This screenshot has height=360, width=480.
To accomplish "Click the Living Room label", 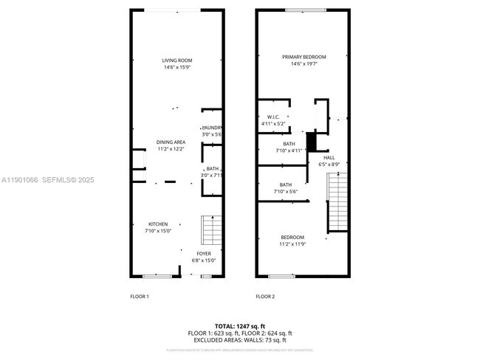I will pyautogui.click(x=177, y=60).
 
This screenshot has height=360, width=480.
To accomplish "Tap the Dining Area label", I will pyautogui.click(x=171, y=142).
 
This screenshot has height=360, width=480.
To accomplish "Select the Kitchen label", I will pyautogui.click(x=157, y=224).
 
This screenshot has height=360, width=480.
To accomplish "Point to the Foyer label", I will pyautogui.click(x=204, y=253).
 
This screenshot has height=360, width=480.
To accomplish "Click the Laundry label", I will pyautogui.click(x=213, y=128).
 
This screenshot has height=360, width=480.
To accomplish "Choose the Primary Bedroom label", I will pyautogui.click(x=304, y=57).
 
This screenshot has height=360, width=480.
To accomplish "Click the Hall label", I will pyautogui.click(x=329, y=157).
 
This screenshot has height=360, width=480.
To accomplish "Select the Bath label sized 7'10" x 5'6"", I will pyautogui.click(x=286, y=184).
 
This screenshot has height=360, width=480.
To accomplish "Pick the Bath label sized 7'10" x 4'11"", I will pyautogui.click(x=289, y=144).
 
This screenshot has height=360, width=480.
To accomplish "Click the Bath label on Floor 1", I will pyautogui.click(x=213, y=169).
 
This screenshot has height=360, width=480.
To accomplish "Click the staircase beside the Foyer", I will pyautogui.click(x=213, y=230).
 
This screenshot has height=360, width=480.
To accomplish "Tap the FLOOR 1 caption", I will pyautogui.click(x=139, y=297).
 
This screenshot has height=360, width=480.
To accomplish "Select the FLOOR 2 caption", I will pyautogui.click(x=265, y=297).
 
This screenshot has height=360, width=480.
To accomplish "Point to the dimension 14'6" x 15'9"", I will pyautogui.click(x=177, y=68).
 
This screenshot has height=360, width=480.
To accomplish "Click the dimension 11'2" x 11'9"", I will pyautogui.click(x=292, y=244).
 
